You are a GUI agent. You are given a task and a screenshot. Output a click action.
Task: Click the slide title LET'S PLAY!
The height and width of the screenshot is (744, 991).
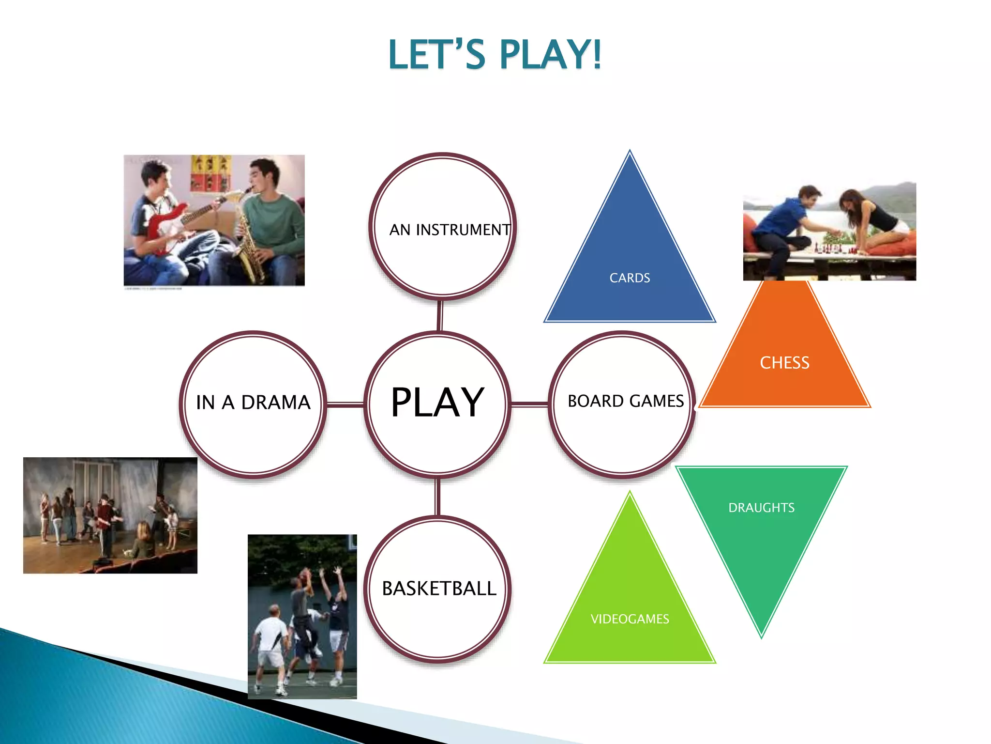[x=495, y=54]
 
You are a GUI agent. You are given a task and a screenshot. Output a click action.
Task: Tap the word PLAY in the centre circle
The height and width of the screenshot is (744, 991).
[x=437, y=403]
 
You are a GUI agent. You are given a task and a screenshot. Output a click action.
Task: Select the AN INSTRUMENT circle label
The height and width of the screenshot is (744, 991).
[x=450, y=230]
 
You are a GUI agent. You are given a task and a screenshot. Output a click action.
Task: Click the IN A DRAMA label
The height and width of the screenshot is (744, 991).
[x=253, y=403]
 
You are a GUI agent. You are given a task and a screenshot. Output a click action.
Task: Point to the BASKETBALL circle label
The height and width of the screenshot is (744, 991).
[x=439, y=589]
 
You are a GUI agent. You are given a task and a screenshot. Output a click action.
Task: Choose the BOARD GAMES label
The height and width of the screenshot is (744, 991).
[x=626, y=401]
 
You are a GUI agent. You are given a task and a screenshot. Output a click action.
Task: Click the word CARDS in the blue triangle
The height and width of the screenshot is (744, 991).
[x=630, y=278]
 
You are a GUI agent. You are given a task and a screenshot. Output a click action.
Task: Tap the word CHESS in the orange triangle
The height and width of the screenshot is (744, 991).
[x=784, y=363]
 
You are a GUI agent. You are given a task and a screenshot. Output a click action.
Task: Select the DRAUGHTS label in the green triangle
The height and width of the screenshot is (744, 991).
[x=761, y=508]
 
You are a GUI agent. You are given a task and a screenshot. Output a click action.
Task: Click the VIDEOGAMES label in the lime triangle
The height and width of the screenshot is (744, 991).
[x=630, y=619]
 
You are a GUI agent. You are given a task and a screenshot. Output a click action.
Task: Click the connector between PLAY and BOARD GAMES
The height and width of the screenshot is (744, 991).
[x=529, y=403]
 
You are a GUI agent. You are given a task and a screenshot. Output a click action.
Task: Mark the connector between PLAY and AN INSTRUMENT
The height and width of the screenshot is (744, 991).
[x=440, y=315]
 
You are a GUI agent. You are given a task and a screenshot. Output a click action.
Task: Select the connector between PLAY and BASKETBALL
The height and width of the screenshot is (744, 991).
[x=437, y=496]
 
